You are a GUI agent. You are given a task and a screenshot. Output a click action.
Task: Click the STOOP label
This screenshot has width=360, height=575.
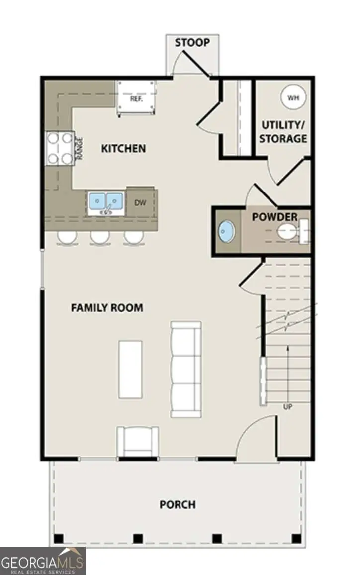pos(192,43)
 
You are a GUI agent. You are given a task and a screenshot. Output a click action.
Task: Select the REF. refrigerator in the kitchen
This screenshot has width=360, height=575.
pos(136,98)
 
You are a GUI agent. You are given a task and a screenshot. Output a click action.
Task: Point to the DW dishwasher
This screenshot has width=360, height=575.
pos(140,202)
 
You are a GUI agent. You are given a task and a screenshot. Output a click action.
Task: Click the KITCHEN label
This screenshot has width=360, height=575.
pos(124,148)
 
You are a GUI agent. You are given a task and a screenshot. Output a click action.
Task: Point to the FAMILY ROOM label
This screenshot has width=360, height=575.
pos(107,308)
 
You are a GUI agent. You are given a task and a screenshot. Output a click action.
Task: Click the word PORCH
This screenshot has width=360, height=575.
pos(178,505)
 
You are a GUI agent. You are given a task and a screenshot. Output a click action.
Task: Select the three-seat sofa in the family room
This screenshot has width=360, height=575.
pos(186,369)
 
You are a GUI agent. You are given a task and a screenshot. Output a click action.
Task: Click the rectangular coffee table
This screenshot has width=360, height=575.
pos(130,369)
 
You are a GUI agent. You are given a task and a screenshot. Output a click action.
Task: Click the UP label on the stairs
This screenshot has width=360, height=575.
pos(287,407)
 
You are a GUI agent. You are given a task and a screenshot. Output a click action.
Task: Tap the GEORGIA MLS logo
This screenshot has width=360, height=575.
pos(43,561)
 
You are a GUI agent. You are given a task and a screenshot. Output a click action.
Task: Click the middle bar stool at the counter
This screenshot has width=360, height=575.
pos(99,237)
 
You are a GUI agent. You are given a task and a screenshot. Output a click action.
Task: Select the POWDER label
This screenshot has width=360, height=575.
pos(274,217)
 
